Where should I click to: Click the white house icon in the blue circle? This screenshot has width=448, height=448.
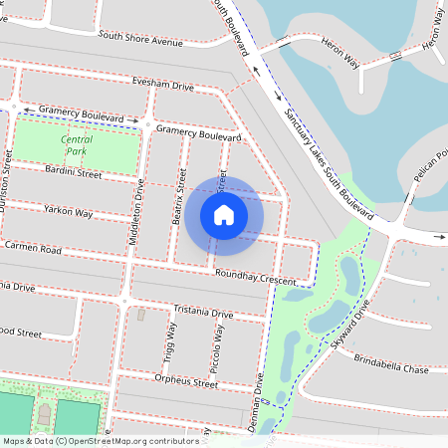tap(224, 214)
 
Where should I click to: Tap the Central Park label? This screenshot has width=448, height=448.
tap(77, 145)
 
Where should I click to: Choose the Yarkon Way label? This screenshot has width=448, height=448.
tap(69, 211)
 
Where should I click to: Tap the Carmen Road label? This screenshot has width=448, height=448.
tap(33, 246)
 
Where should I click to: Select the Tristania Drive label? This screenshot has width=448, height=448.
tap(203, 313)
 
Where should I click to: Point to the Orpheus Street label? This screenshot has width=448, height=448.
tap(186, 380)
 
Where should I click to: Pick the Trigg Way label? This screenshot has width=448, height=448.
tap(168, 344)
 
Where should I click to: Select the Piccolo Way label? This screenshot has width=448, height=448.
tap(219, 347)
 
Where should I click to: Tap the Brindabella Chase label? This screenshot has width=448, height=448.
tap(390, 366)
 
